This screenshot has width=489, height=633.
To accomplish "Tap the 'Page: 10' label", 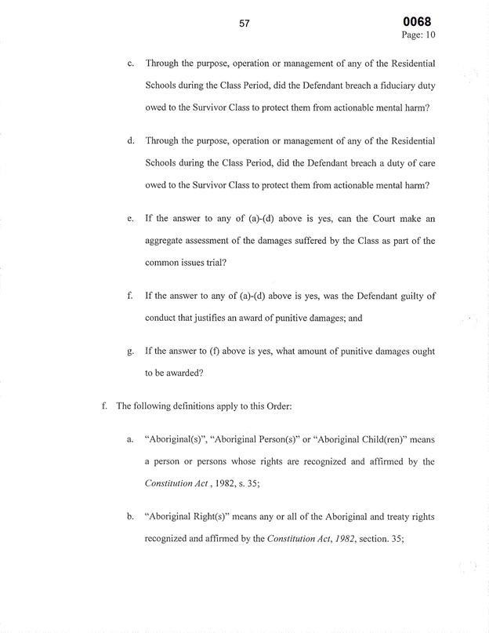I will pos(417,35).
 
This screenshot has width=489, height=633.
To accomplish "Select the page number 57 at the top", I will pos(244,24).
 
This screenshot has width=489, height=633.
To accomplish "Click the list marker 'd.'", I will pos(129,140).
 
